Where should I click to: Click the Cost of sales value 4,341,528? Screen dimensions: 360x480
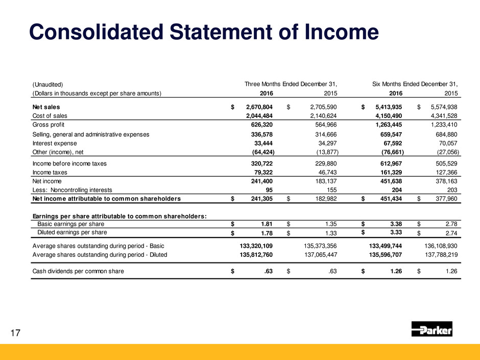tap(443, 116)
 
